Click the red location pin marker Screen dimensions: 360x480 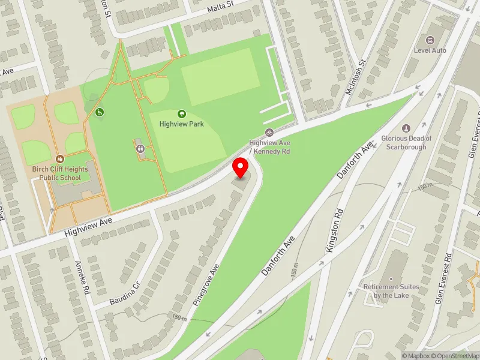(241, 169)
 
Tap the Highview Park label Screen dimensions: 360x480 (181, 124)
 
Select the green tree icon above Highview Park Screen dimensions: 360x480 (181, 113)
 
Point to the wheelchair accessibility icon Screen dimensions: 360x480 (100, 112)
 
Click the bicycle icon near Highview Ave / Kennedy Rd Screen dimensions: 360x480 (269, 132)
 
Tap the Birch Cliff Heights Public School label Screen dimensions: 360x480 (60, 173)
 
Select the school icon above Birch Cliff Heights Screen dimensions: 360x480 (60, 158)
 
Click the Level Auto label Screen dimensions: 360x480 (430, 50)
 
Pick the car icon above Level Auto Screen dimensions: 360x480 (430, 40)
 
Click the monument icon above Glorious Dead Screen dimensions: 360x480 (406, 128)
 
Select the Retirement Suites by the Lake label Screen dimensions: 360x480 (391, 291)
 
